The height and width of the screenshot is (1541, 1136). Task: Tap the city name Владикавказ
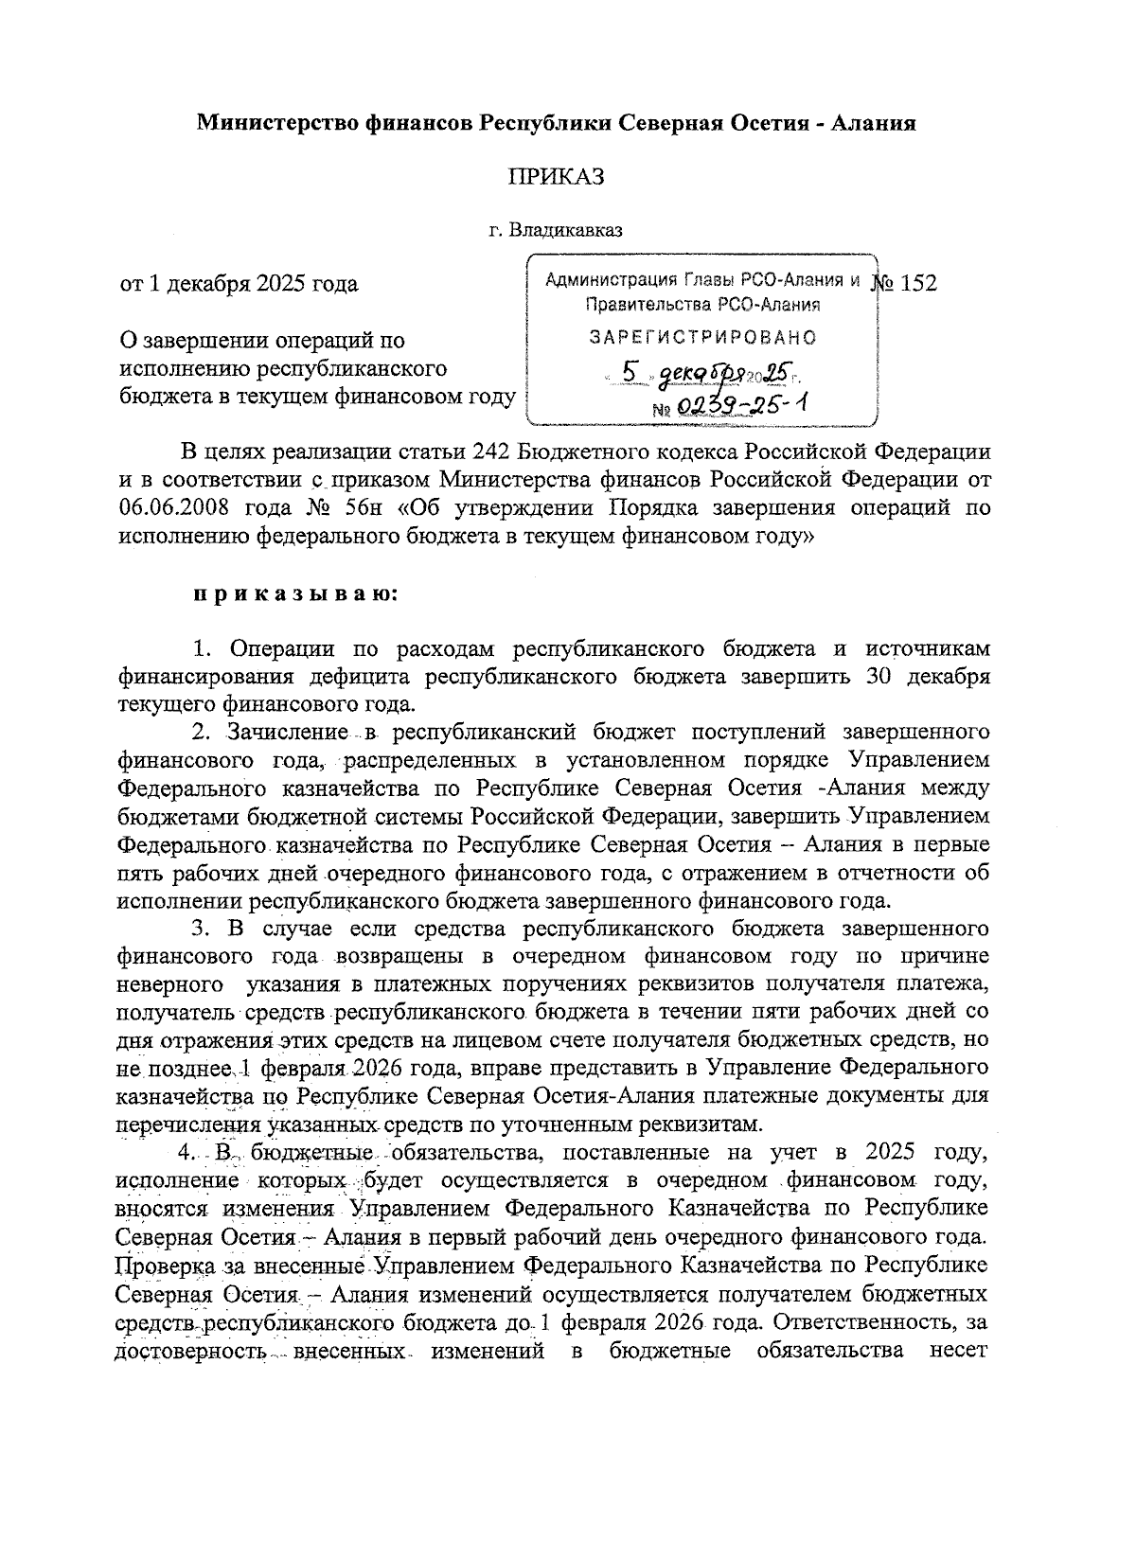point(564,230)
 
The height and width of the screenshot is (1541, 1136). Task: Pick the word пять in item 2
point(137,871)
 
